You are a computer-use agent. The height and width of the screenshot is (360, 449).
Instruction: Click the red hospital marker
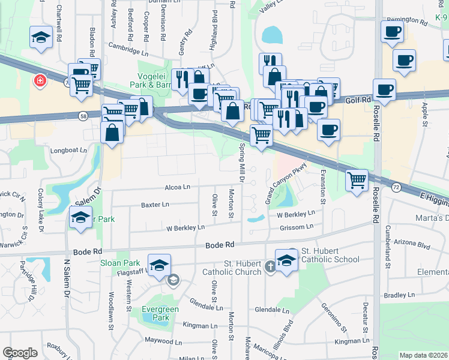pyautogui.click(x=40, y=80)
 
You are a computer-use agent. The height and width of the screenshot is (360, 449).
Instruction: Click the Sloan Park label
pyautogui.click(x=121, y=263)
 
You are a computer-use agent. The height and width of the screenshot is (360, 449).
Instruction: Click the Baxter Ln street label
pyautogui.click(x=155, y=205)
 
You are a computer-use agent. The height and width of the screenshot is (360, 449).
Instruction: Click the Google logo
pyautogui.click(x=20, y=352)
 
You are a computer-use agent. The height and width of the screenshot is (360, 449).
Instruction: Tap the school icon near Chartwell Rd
pyautogui.click(x=41, y=37)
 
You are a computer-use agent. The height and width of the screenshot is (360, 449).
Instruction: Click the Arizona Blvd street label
pyautogui.click(x=414, y=245)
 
